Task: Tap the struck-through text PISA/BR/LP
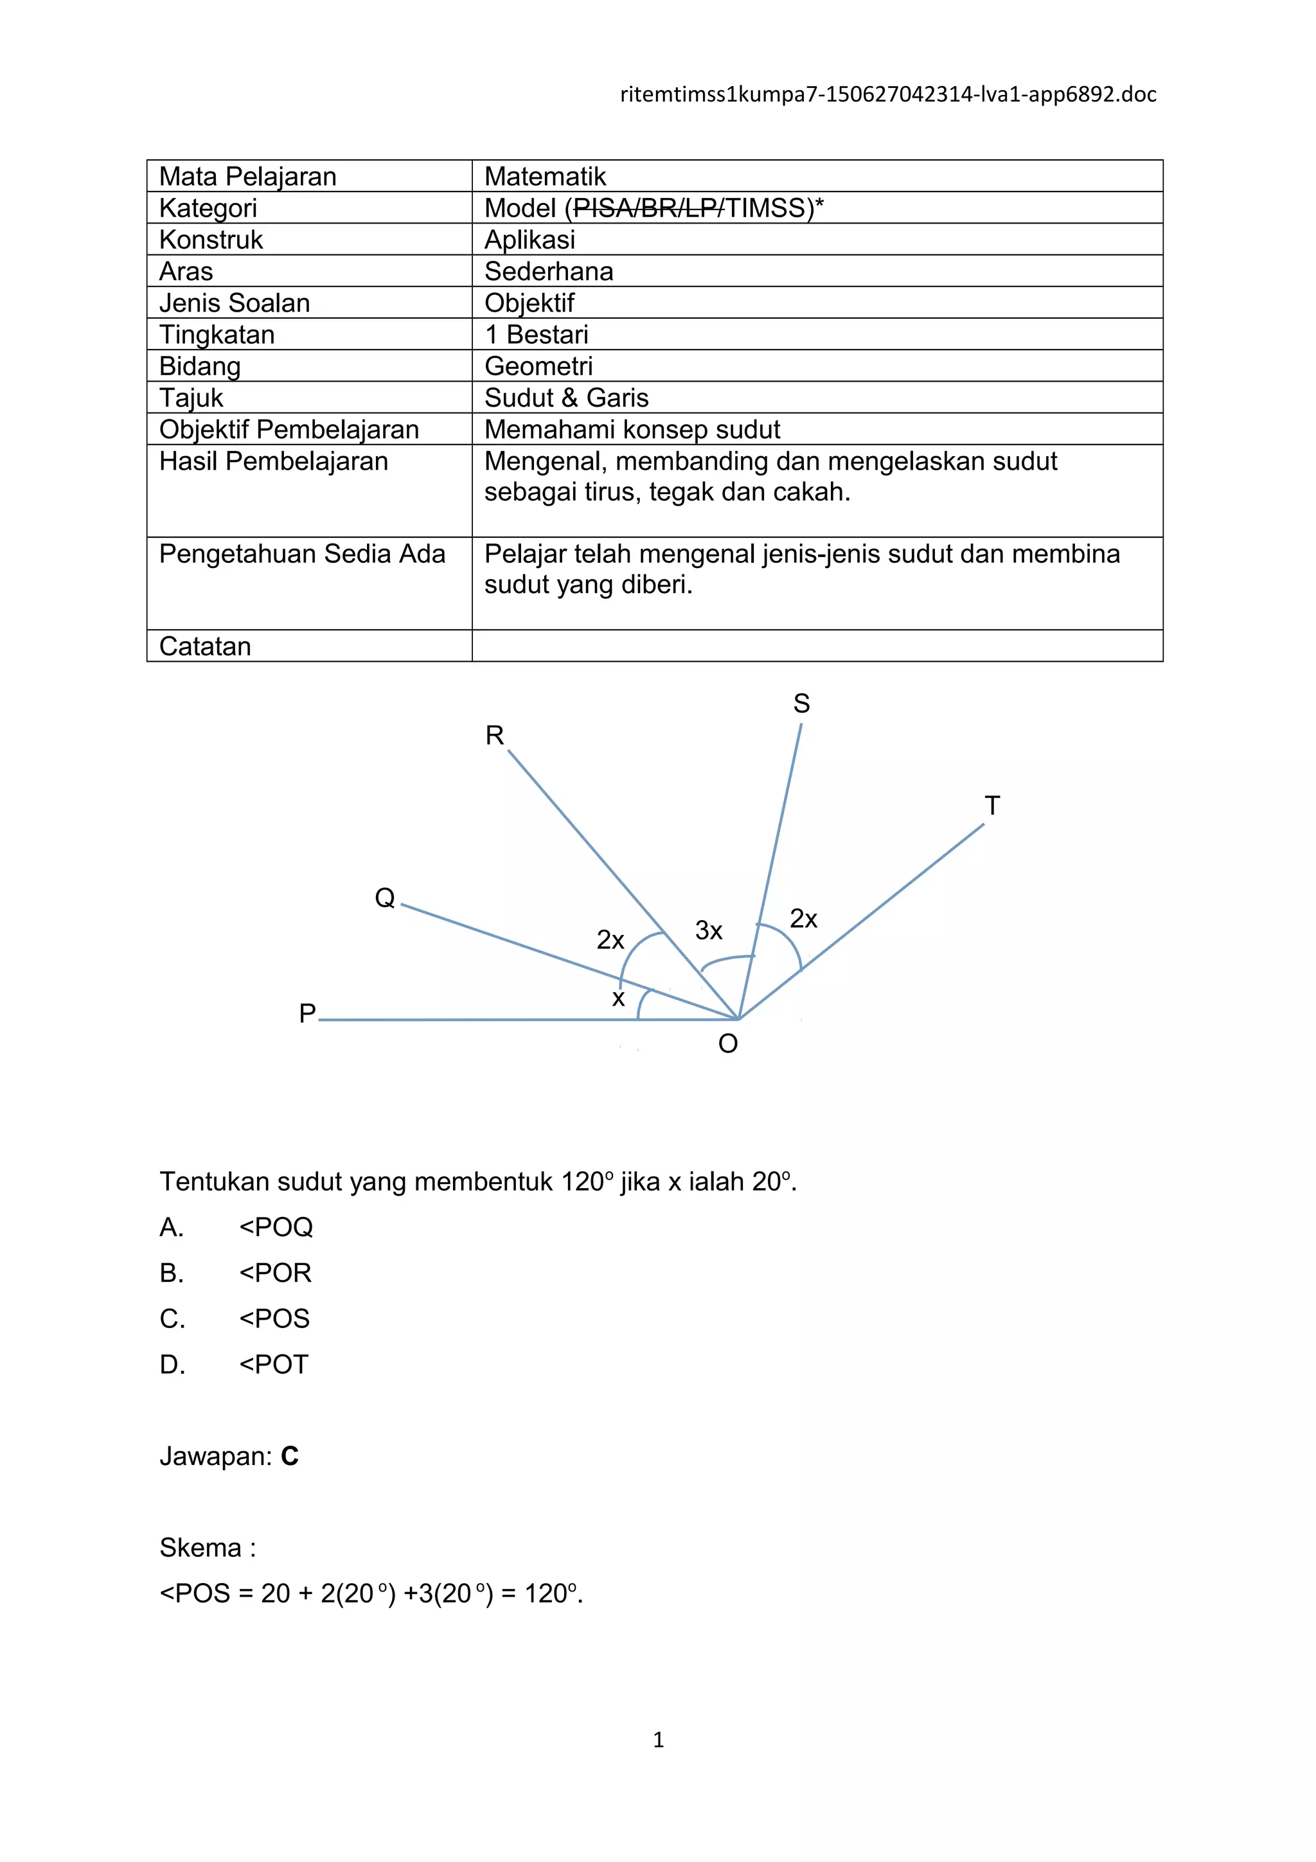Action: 648,208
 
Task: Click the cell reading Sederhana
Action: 548,271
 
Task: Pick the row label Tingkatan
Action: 217,334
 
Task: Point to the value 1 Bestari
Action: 536,334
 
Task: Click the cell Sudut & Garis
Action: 566,397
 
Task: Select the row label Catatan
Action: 205,646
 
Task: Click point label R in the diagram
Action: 495,736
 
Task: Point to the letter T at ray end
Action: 991,806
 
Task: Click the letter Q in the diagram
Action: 384,898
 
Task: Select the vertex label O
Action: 728,1043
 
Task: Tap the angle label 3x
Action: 708,930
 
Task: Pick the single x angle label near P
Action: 618,998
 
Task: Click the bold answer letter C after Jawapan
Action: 289,1457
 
